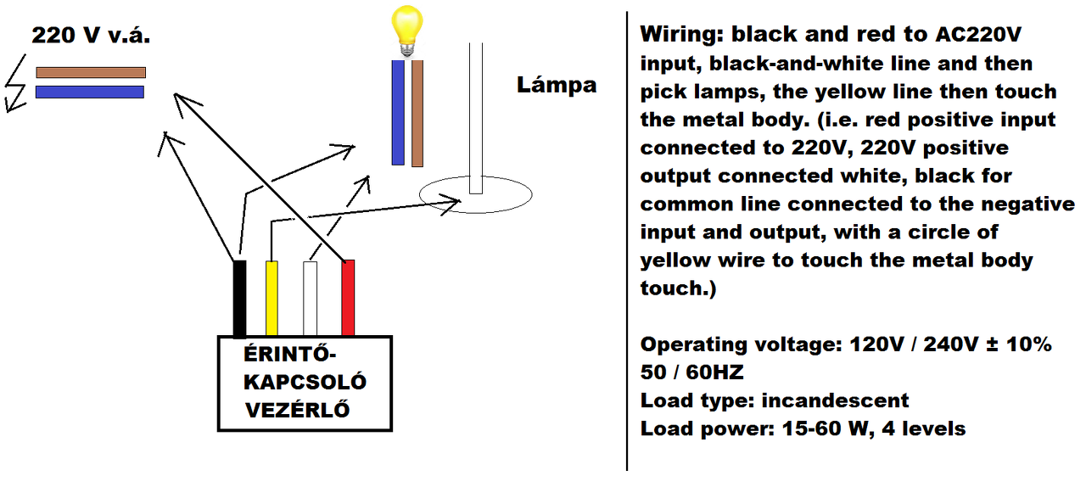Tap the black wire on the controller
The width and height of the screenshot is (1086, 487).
click(240, 298)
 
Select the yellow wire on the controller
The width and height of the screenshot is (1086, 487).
click(271, 298)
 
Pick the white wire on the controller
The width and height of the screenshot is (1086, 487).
click(311, 298)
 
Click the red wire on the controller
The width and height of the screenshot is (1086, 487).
click(348, 298)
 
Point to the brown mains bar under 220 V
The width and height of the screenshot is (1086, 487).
click(91, 72)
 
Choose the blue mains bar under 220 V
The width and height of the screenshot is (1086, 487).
click(91, 92)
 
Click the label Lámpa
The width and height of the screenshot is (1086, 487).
click(557, 85)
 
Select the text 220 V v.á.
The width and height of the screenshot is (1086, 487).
click(91, 36)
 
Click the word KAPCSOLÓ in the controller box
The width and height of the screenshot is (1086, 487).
click(305, 381)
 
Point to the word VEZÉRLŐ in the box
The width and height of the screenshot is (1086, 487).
click(298, 410)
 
